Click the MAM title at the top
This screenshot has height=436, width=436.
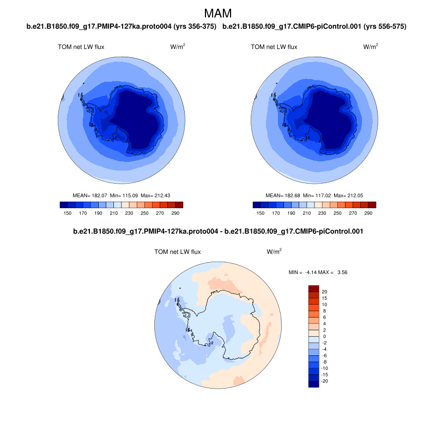(217, 13)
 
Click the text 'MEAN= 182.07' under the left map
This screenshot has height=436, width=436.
(90, 195)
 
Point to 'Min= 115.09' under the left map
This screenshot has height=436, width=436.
(124, 195)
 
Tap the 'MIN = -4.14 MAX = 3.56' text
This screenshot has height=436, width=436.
(318, 271)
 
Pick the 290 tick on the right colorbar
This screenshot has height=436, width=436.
(368, 213)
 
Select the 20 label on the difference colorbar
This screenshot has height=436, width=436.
(324, 292)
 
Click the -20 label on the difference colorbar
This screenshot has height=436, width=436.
(325, 381)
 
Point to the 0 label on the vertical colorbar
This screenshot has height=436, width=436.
(324, 336)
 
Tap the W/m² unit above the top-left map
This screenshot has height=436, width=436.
(178, 47)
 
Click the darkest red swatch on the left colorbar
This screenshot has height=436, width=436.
(179, 205)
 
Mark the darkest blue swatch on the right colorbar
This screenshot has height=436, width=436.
(257, 205)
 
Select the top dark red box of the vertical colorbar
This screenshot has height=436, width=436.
(313, 288)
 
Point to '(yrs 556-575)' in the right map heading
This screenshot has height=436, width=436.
(385, 26)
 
